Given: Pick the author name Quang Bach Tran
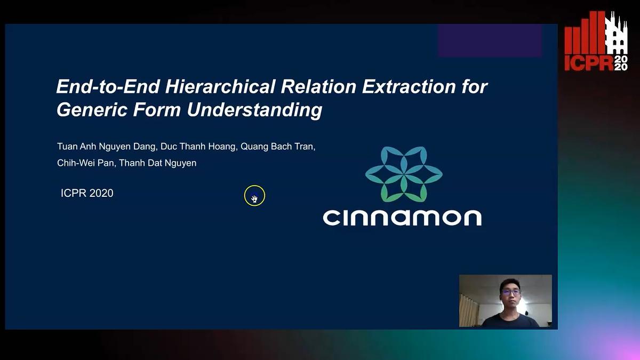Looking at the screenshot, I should (x=277, y=147).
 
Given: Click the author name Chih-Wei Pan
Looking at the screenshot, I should (x=85, y=163).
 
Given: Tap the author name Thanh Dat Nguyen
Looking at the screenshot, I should (x=157, y=163).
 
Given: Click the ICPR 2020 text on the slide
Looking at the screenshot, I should (x=87, y=193).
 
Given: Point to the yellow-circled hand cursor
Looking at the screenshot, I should (x=254, y=196).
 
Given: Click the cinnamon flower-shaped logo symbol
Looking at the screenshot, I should (x=404, y=174).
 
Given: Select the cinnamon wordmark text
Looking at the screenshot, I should (x=402, y=217).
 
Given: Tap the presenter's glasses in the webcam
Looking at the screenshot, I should (x=510, y=292).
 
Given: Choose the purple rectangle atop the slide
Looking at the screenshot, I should (x=490, y=41).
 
